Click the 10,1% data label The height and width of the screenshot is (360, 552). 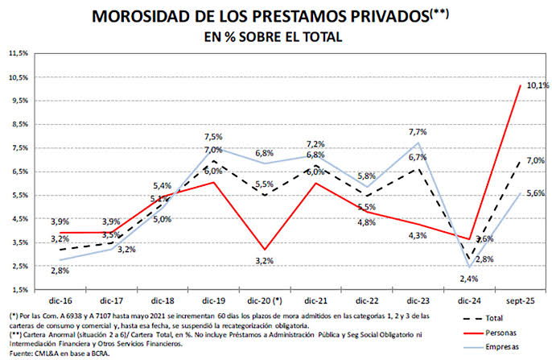click(538, 85)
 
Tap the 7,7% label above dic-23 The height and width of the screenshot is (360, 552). click(418, 132)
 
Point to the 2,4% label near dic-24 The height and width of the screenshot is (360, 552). click(469, 279)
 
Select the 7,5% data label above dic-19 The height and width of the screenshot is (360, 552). click(213, 137)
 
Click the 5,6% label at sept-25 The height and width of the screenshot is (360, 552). click(536, 193)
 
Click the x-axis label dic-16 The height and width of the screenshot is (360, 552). click(60, 301)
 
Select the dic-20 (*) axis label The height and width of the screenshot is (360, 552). click(265, 301)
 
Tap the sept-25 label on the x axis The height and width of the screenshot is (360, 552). click(520, 301)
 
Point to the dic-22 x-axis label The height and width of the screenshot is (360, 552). click(367, 301)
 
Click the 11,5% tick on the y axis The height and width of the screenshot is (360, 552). click(19, 53)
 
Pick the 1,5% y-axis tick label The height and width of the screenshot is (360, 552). click(20, 290)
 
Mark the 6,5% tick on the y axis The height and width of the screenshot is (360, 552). click(20, 172)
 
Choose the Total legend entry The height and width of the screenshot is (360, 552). click(483, 318)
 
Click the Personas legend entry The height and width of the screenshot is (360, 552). click(490, 333)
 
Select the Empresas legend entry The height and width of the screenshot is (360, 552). click(491, 347)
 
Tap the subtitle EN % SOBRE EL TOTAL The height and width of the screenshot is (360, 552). click(274, 37)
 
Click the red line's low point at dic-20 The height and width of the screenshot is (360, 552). click(265, 250)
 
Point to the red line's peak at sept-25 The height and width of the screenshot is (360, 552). click(520, 85)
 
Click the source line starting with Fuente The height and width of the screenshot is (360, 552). click(60, 354)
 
